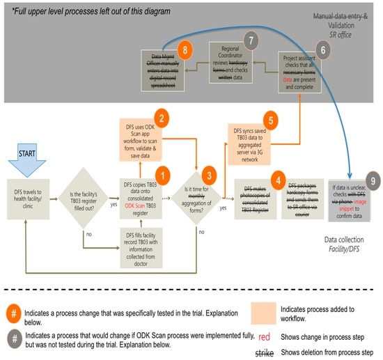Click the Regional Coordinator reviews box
(237, 62)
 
